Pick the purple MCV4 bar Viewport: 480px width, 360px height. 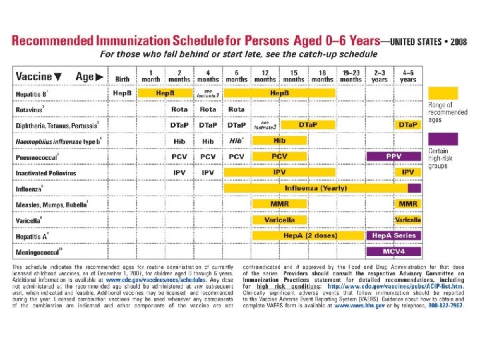click(x=394, y=251)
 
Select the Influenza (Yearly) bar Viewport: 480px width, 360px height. click(x=315, y=188)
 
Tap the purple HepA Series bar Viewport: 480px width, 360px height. click(x=394, y=235)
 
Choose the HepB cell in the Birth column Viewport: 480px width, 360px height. click(x=122, y=93)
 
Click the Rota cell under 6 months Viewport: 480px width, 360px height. click(x=237, y=109)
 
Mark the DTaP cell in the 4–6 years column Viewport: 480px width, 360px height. click(x=408, y=125)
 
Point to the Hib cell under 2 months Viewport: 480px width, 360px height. click(x=179, y=141)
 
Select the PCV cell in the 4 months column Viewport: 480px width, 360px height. click(x=208, y=157)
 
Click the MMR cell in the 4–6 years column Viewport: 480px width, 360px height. click(x=408, y=204)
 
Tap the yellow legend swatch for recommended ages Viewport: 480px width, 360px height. click(x=443, y=93)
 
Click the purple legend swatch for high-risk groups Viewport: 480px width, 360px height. click(x=443, y=139)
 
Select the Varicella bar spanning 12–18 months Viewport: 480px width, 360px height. click(x=279, y=220)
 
